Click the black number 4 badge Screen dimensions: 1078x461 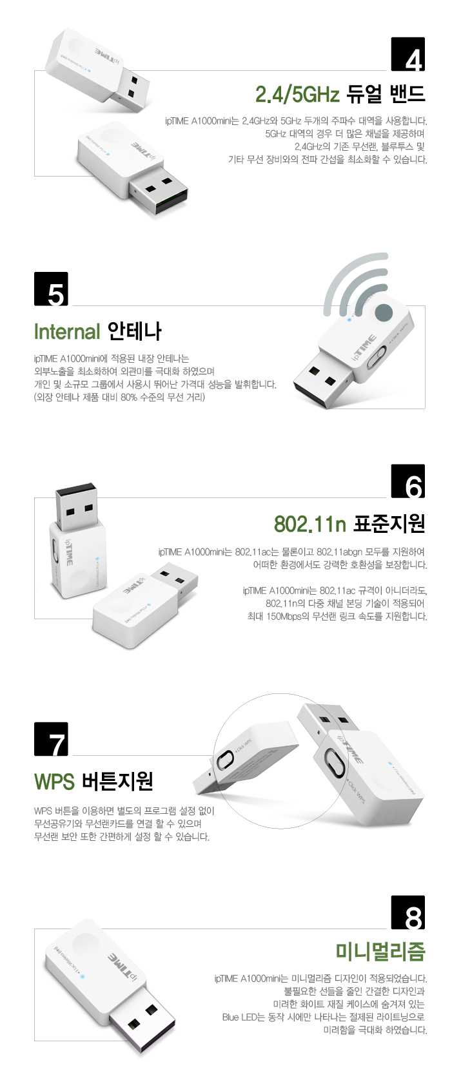click(408, 54)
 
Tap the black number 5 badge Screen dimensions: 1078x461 click(51, 289)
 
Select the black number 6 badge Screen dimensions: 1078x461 click(408, 481)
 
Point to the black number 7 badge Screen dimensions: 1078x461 click(51, 739)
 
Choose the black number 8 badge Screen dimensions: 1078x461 click(408, 912)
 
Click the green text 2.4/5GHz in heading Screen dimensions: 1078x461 click(297, 95)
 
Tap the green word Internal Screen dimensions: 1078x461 click(67, 332)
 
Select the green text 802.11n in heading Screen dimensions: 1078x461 click(310, 524)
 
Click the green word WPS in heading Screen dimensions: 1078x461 click(54, 782)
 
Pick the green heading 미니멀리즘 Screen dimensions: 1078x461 click(380, 951)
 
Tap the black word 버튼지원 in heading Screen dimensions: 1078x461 click(117, 782)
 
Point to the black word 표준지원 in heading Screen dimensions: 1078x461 click(389, 524)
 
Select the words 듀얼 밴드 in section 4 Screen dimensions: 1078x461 click(386, 95)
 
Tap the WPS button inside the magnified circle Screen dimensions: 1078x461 click(225, 761)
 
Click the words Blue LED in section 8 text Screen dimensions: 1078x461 click(240, 1017)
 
